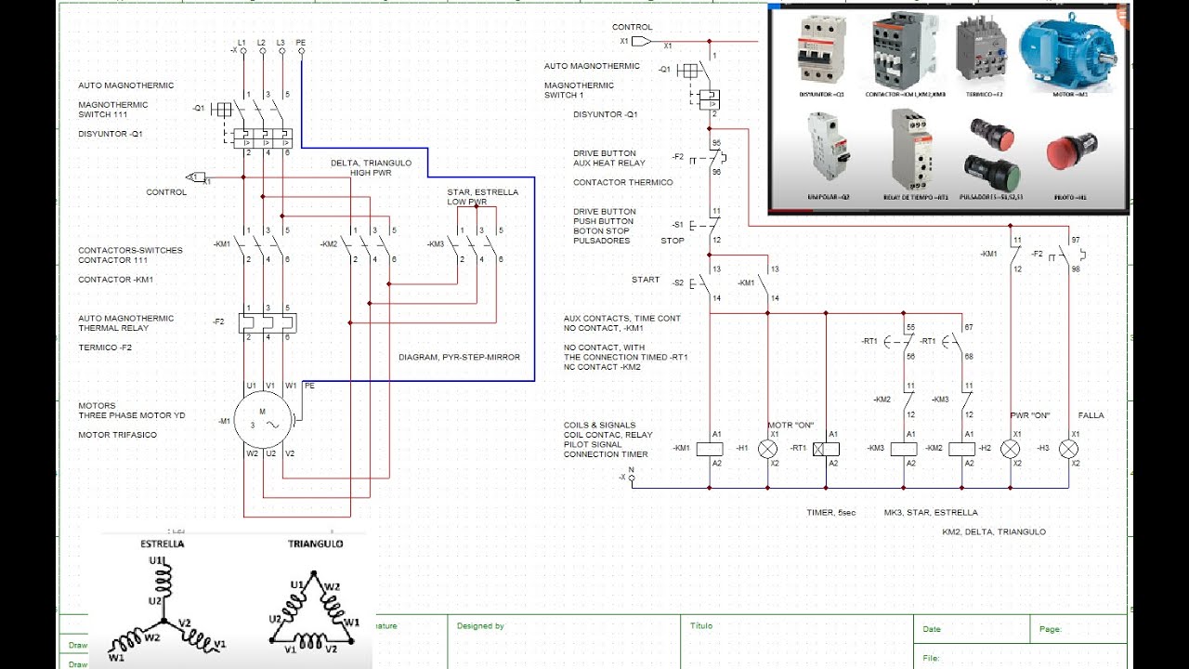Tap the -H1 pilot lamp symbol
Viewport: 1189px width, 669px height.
pos(767,449)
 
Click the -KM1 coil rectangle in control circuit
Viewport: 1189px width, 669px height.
pos(710,449)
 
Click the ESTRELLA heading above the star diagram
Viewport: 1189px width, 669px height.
pos(162,544)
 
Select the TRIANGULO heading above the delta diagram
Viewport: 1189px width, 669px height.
pos(315,544)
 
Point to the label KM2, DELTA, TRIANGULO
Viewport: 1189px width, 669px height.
pos(993,531)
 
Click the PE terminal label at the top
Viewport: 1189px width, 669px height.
pos(301,42)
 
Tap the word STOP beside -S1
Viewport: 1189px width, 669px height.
pos(672,241)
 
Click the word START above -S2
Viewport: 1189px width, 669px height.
pos(646,280)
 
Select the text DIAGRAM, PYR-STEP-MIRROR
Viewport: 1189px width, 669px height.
pos(459,357)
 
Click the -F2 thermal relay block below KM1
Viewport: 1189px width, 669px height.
pos(268,322)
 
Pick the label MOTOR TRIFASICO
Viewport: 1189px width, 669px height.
pos(117,435)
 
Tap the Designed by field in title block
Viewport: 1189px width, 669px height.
pos(480,626)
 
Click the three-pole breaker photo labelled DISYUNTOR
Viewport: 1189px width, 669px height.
pos(821,54)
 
